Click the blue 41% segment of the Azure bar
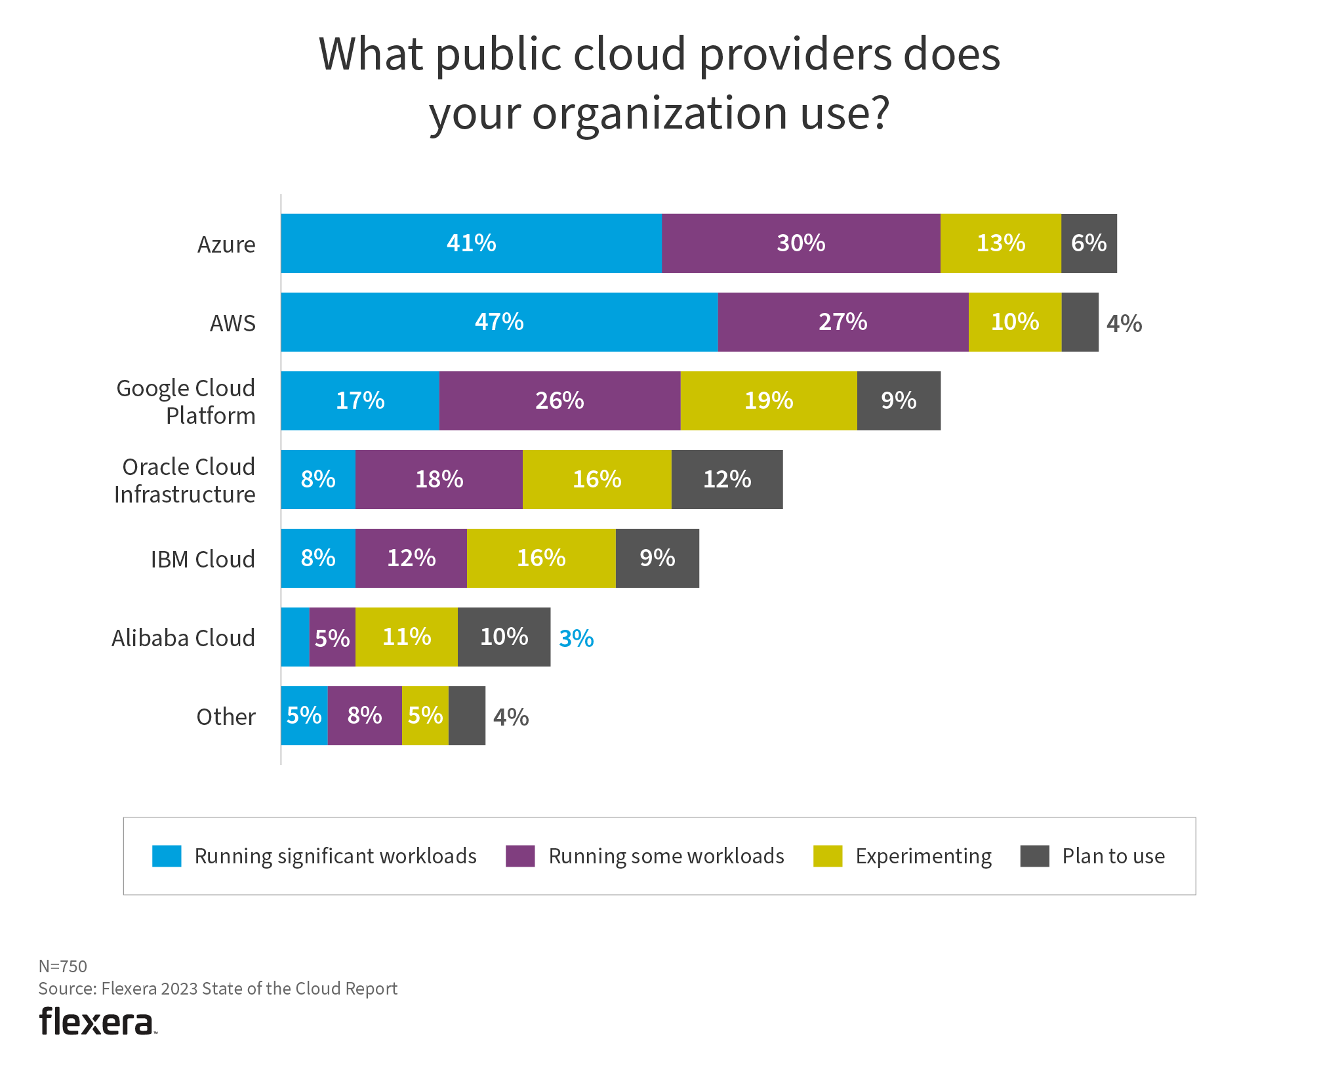[x=471, y=243]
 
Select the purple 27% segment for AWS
[x=843, y=322]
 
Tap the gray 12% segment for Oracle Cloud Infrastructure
[x=727, y=480]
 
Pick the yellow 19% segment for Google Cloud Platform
[x=768, y=401]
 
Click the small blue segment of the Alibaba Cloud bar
[x=295, y=637]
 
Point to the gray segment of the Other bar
[x=467, y=716]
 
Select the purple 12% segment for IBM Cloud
[x=411, y=558]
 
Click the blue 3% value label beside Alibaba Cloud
[x=576, y=638]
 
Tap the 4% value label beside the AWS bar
[x=1124, y=323]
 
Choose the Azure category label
[x=226, y=245]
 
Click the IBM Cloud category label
[x=203, y=560]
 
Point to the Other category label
[x=226, y=717]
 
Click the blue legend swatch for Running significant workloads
[x=167, y=856]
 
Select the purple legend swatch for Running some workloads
[x=520, y=856]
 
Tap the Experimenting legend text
[x=923, y=856]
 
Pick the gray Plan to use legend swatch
[x=1034, y=856]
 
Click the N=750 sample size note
[x=63, y=966]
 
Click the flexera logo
[x=98, y=1021]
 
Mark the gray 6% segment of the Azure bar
[x=1089, y=243]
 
